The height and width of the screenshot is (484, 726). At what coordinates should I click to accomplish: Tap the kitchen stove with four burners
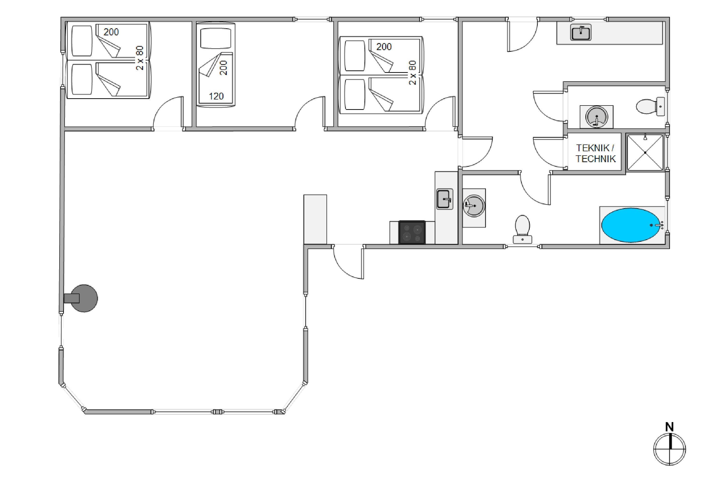coord(412,232)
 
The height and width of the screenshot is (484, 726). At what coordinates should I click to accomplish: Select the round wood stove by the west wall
coord(83,298)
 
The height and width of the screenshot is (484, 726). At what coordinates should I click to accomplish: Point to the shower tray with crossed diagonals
coord(645,152)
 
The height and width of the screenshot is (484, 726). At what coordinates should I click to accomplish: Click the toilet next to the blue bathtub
coord(522,229)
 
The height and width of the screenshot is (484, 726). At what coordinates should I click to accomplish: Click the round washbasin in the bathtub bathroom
coord(474,205)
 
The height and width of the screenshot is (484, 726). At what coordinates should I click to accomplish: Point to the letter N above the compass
coord(669,427)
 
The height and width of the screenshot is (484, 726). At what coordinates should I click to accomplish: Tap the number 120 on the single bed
coord(216,96)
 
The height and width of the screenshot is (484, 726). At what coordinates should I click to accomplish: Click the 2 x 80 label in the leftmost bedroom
coord(140,58)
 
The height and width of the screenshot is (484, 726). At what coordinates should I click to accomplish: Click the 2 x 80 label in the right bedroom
coord(412,73)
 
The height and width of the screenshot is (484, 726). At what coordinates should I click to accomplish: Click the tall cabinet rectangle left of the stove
coord(315,219)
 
